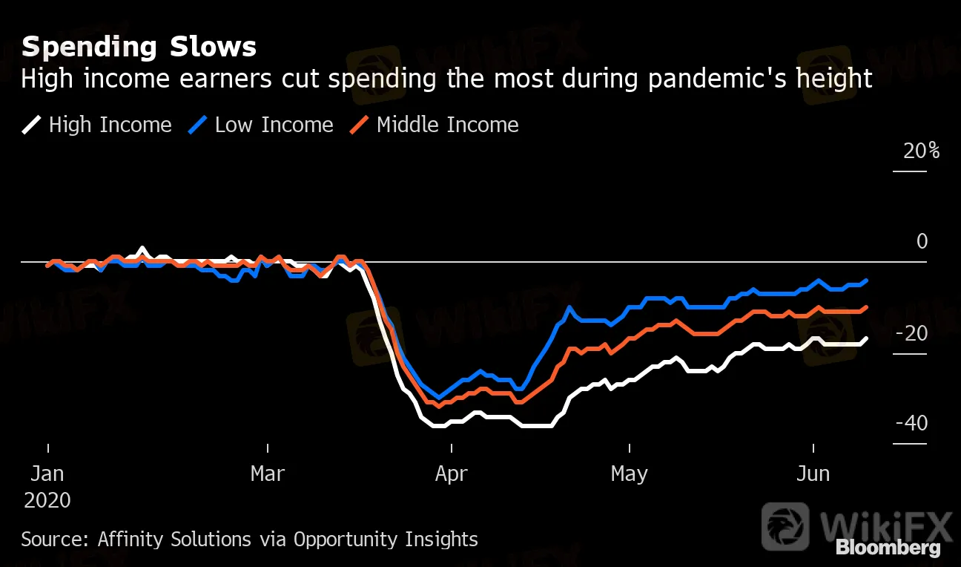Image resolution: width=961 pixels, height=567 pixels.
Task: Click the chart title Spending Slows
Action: tap(139, 47)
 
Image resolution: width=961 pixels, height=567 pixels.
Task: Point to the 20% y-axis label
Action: tap(921, 151)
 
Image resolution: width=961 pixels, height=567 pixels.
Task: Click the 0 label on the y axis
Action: tap(922, 242)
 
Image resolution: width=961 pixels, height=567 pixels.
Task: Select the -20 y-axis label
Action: tap(911, 334)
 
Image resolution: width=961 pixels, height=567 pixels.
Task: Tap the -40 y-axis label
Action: tap(911, 424)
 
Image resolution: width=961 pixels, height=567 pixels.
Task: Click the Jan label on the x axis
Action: tap(47, 473)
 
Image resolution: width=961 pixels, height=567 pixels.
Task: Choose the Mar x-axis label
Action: tap(267, 473)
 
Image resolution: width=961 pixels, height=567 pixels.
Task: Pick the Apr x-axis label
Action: tap(452, 473)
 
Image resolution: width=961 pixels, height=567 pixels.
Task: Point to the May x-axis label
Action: tap(630, 473)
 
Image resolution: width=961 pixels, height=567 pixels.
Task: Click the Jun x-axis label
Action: tap(813, 473)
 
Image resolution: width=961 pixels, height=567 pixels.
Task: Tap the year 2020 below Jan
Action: tap(47, 500)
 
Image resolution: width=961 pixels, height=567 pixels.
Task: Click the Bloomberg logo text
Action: tap(888, 548)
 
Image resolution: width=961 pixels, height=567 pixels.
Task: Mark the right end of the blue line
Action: tap(867, 281)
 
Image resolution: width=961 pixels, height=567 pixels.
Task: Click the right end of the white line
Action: tap(867, 338)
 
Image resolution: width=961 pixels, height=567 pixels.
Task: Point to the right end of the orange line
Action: tap(867, 307)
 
